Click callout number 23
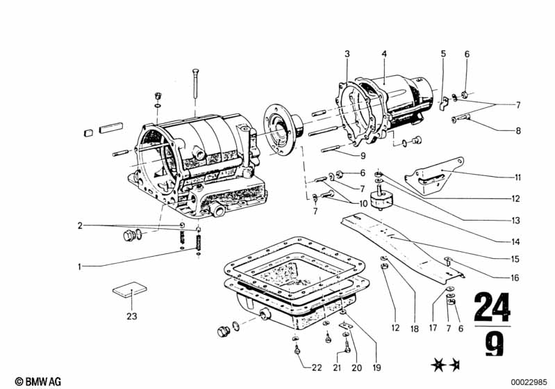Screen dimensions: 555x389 click(x=132, y=316)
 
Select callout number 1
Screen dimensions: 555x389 click(x=80, y=267)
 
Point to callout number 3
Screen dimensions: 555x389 click(x=347, y=54)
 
